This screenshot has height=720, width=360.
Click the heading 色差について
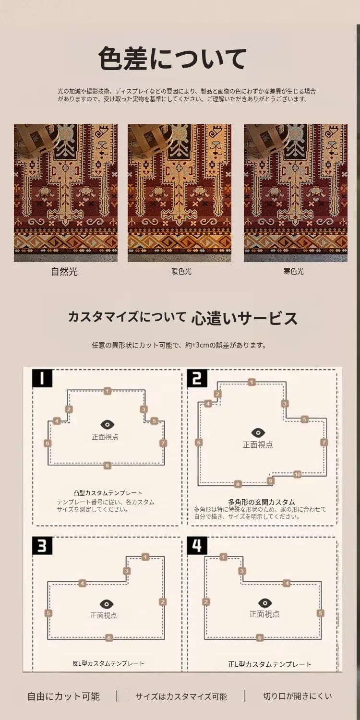[172, 59]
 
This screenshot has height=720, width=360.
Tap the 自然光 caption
[64, 272]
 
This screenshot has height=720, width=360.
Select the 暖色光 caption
[181, 272]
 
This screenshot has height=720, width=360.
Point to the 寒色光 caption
[293, 271]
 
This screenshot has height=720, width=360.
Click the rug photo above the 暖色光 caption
[180, 193]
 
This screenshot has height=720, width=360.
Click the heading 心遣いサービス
[244, 318]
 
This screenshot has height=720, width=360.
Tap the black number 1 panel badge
[42, 378]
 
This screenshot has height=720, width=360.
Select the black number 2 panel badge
[197, 378]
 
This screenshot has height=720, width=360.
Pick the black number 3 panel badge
[42, 545]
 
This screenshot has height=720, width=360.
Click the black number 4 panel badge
[197, 545]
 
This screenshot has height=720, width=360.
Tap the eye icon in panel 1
[108, 425]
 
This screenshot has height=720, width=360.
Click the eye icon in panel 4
[265, 603]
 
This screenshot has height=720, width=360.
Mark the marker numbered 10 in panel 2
[297, 474]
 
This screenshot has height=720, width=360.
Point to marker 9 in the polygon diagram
[271, 481]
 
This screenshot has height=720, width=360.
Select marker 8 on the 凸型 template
[108, 466]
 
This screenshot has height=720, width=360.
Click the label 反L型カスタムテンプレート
[108, 663]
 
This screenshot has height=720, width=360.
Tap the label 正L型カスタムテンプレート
[270, 664]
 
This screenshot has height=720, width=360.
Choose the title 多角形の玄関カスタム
[261, 502]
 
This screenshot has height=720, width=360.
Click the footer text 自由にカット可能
[63, 696]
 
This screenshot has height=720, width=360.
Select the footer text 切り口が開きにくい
[297, 696]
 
